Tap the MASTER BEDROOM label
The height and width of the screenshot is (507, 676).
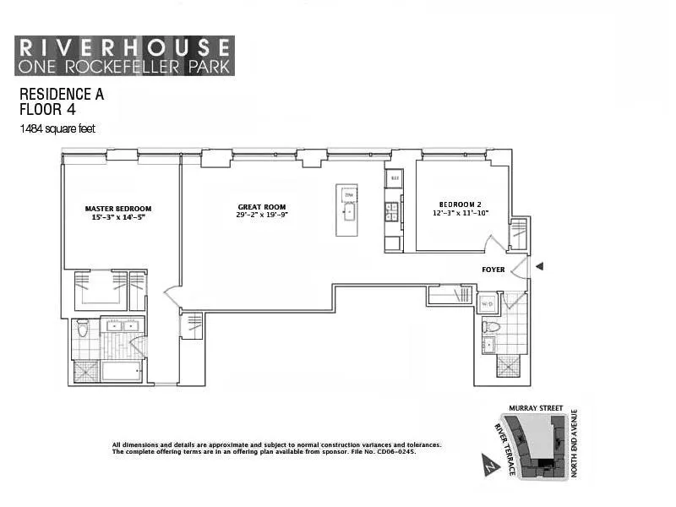pos(118,209)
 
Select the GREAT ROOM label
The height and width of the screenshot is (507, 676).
pos(261,207)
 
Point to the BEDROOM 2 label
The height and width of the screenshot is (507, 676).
pos(460,204)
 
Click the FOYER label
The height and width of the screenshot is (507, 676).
pos(493,270)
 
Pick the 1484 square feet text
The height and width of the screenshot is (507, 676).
pos(58,129)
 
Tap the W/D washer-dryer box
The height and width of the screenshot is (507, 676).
pos(488,304)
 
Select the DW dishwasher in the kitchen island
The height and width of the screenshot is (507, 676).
pos(347,196)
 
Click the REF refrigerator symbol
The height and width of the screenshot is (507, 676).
pos(394,178)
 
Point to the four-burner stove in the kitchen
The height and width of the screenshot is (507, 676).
pos(393,210)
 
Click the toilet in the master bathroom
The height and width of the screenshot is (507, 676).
pos(83,329)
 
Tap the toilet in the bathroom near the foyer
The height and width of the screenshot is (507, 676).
pos(490,326)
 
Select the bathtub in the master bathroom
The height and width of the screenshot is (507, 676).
pos(123,372)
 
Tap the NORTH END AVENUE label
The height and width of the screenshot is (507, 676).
pos(574,444)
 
